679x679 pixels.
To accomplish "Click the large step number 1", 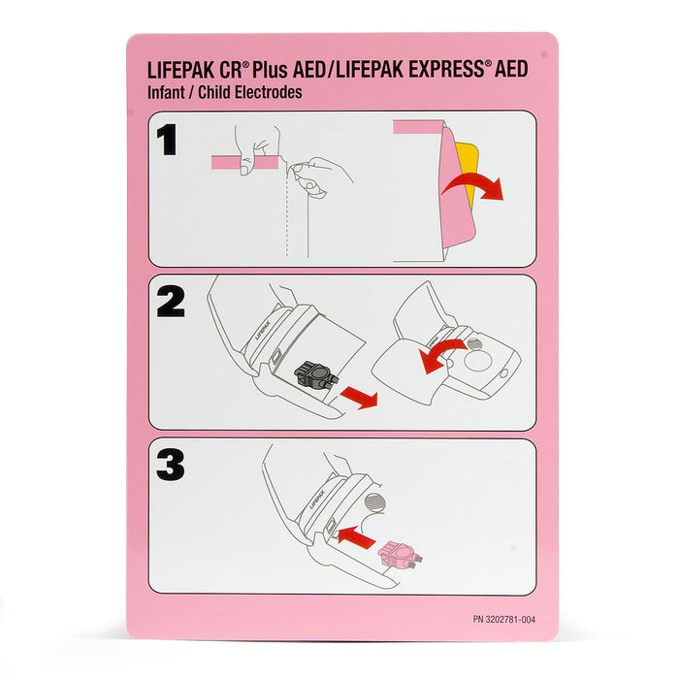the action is pos(167,140).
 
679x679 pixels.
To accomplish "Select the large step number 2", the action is pos(171,303).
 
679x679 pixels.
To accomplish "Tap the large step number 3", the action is pos(170,466).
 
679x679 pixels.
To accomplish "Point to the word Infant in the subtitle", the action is pos(166,92).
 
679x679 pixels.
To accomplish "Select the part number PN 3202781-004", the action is pos(504,619).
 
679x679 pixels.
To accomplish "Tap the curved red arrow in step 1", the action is pos(474,185).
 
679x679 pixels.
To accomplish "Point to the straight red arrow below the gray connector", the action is pos(359,398).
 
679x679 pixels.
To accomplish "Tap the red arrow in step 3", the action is pos(356,536).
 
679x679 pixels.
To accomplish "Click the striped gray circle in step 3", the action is pos(375,502).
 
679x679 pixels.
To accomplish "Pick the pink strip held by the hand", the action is pos(244,162).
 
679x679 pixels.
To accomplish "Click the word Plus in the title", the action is pos(271,69).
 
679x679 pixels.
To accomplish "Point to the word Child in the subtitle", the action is pos(214,92).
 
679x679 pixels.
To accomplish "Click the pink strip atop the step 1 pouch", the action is pos(418,126).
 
